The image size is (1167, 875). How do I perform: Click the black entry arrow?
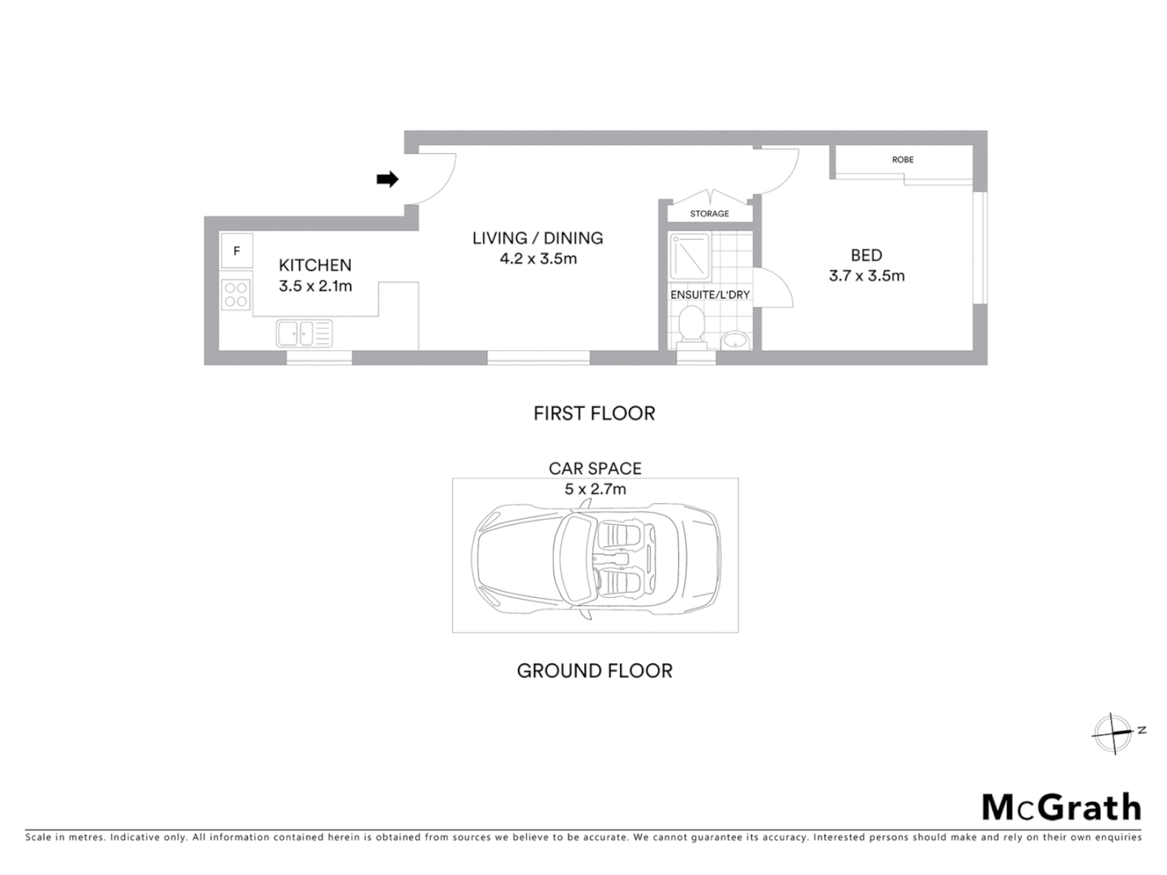(387, 179)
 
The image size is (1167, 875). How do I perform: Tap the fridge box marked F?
(237, 251)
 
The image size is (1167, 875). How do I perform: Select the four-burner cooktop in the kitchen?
(236, 294)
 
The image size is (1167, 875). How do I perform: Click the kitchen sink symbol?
(304, 333)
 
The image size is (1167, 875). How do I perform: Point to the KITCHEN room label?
(315, 265)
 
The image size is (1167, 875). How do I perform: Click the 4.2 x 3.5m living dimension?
(538, 259)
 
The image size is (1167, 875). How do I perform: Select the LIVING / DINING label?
(538, 238)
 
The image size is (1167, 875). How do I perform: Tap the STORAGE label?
(709, 214)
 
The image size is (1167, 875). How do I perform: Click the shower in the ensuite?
(690, 257)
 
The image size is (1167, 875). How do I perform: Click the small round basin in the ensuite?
(734, 340)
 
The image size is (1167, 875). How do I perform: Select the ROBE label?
(903, 160)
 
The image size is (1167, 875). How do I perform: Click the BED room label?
(866, 255)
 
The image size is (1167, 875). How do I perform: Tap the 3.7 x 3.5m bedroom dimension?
(866, 275)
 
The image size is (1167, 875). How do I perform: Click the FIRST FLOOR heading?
(594, 413)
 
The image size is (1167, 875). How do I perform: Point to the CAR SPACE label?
(595, 468)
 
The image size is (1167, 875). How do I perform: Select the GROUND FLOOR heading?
(595, 671)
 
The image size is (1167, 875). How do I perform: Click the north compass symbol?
(1114, 734)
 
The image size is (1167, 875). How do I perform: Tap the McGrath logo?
(1062, 807)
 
